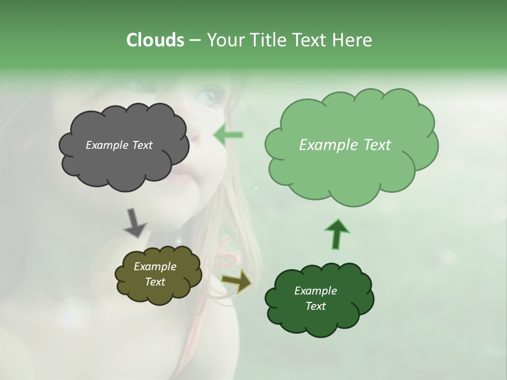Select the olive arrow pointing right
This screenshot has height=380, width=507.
point(237,282)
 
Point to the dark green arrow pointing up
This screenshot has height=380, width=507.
point(336,234)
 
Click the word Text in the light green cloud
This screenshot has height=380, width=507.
point(373,145)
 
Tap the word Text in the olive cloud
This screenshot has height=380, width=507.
point(155,282)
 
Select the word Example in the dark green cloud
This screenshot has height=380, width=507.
point(315,291)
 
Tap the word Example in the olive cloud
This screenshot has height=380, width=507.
point(155,267)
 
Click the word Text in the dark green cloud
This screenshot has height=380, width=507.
point(315,306)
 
